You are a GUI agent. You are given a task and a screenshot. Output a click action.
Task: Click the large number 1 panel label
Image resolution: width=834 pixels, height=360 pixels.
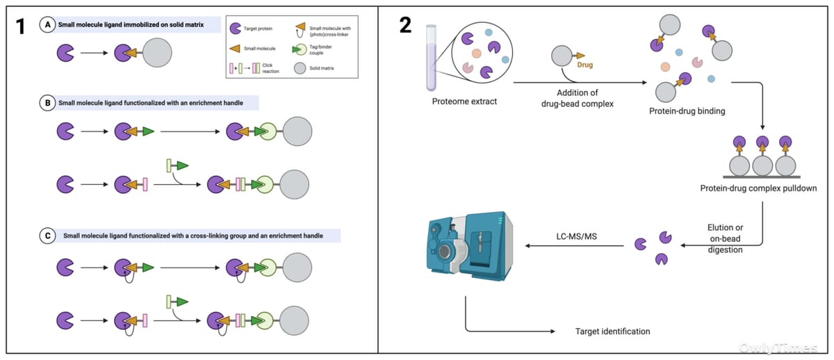[20, 27]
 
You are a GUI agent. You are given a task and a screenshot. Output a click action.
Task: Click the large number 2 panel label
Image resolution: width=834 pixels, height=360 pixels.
[405, 25]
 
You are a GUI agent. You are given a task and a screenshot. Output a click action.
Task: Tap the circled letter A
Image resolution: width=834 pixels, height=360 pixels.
[48, 24]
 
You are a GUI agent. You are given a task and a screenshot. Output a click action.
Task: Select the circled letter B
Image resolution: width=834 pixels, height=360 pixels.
[48, 103]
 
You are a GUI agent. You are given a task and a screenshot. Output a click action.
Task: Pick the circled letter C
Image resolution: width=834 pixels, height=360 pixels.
[48, 236]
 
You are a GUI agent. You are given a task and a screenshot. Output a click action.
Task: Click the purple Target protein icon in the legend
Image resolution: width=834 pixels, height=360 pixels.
[236, 28]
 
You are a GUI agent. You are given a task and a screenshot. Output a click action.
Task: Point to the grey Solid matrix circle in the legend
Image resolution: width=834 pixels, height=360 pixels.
[300, 68]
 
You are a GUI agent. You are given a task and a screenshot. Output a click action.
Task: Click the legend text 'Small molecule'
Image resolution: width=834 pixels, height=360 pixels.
[259, 49]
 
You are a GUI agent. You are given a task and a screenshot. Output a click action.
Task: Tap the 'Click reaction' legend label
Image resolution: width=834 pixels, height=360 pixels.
[270, 68]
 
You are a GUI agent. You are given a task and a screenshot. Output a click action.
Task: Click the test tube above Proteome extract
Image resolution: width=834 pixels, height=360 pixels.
[431, 58]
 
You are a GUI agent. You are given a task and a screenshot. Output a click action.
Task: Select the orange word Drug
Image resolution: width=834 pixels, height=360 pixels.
[585, 65]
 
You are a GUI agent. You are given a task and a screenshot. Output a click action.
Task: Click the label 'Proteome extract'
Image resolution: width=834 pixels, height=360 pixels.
[464, 101]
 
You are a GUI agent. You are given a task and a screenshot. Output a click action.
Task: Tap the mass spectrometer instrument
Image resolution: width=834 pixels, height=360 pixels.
[470, 247]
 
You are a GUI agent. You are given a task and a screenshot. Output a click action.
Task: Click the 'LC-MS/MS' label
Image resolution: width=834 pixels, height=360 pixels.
[576, 236]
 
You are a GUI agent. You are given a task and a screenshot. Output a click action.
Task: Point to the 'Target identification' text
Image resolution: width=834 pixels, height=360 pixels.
[612, 332]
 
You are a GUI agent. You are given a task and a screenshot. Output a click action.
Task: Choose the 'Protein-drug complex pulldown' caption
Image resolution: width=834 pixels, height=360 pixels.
[758, 188]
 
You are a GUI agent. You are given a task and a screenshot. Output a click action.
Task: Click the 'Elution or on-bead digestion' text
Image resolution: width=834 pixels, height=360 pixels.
[725, 238]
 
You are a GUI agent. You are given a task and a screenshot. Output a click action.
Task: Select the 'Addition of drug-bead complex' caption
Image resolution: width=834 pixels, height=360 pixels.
[577, 98]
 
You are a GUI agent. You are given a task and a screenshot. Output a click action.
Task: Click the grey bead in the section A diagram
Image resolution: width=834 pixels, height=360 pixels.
[157, 53]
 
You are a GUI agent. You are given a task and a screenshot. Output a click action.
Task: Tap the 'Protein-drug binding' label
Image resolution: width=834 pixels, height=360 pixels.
[687, 111]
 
